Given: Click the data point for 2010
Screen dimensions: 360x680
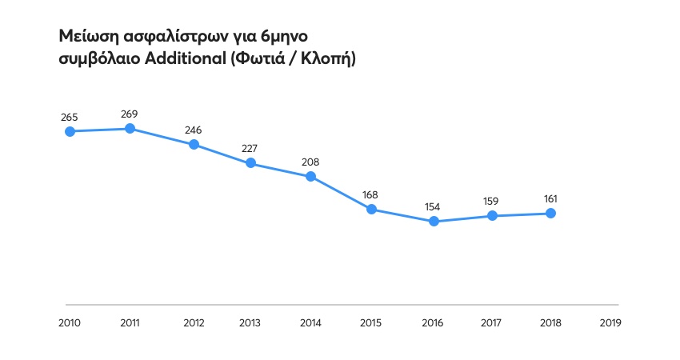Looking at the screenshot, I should pos(70,131).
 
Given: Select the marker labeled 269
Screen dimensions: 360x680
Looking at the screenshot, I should pos(130,128).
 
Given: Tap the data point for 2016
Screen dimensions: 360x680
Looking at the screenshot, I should pos(434,221).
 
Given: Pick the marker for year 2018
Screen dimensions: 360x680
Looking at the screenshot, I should pos(551,213).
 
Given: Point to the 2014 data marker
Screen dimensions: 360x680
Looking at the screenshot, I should pos(310,176).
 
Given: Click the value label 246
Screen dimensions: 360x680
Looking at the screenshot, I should pos(194,130).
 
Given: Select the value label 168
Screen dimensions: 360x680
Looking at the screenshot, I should pos(370,194).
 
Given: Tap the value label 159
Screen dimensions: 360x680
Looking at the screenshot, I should pos(491,201).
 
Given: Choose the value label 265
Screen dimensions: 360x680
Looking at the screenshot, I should pos(70,118).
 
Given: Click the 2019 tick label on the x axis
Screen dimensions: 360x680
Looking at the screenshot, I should pos(610,323).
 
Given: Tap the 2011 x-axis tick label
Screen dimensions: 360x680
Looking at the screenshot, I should pos(130,323).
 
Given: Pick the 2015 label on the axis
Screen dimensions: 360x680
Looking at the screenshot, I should pos(371,323).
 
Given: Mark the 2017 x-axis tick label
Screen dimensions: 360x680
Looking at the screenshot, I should pos(491,323).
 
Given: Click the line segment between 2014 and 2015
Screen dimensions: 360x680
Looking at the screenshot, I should pos(341,193).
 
